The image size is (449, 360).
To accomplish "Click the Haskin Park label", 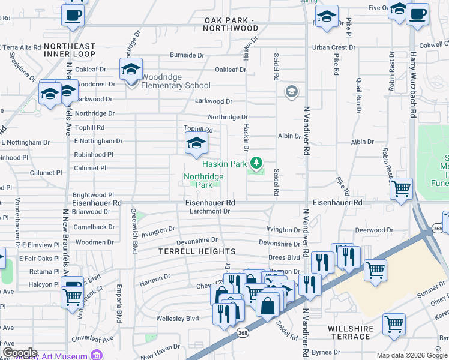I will (224, 164).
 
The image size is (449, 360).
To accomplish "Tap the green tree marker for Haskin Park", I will (256, 162).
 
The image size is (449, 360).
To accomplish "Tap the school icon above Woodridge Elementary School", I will (130, 70).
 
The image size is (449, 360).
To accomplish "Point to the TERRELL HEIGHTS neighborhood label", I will (196, 252).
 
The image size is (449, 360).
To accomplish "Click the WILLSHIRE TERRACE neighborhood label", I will (350, 332).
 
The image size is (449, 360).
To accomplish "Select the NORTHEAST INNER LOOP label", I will (70, 50).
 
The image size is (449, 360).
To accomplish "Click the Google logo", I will (19, 353).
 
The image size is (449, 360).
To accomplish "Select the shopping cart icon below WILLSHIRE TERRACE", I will (394, 325).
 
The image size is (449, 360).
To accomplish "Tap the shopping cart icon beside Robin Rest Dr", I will (400, 189).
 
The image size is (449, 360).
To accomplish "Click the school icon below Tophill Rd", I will (195, 143).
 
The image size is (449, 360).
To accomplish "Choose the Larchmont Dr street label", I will (210, 211).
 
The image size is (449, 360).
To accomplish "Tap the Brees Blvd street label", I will (284, 257).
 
